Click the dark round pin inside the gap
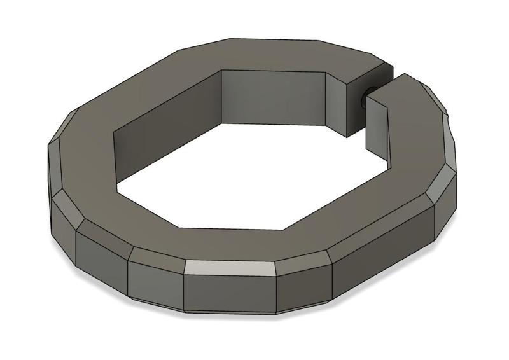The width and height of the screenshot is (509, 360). [x=364, y=99]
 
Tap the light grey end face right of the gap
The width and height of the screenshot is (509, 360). [x=378, y=121]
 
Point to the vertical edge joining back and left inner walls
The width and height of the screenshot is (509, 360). [x=221, y=95]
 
